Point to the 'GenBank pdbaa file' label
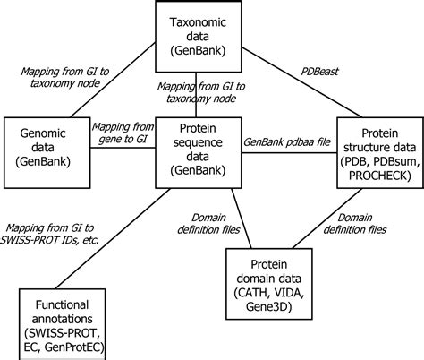click(x=286, y=141)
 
